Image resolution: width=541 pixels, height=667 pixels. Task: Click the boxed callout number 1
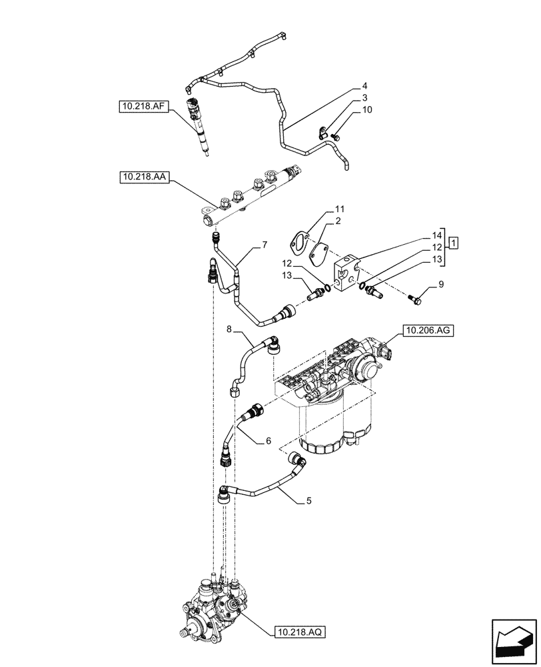click(x=452, y=242)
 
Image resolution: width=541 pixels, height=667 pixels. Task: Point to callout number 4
click(x=365, y=86)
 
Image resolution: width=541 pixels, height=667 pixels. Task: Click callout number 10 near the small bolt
click(x=367, y=109)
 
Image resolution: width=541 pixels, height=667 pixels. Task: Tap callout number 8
click(x=229, y=329)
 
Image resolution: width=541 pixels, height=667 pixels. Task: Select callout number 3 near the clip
click(x=365, y=97)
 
